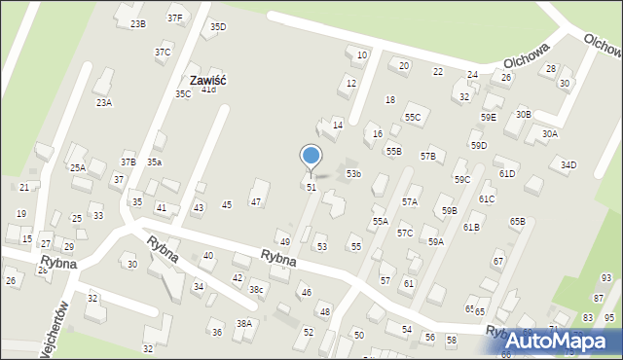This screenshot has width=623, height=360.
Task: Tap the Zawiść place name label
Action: click(207, 80)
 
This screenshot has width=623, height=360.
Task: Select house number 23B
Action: click(138, 24)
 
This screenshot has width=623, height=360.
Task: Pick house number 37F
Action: click(174, 18)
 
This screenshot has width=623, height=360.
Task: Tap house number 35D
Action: click(218, 27)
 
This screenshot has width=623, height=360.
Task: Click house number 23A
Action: click(103, 102)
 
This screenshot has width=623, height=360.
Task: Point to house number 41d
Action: click(208, 90)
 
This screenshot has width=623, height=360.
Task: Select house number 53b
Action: click(353, 174)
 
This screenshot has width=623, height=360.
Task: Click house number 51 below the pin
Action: click(311, 187)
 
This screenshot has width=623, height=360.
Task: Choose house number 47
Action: click(256, 202)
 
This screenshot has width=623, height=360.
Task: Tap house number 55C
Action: click(414, 118)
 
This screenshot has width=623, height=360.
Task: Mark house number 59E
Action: click(488, 118)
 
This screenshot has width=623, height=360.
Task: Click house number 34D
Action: click(568, 165)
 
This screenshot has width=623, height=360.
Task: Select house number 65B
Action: click(517, 222)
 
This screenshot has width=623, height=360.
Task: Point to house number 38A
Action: click(244, 324)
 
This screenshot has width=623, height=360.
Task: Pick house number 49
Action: click(285, 242)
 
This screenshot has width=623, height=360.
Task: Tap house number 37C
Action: click(163, 53)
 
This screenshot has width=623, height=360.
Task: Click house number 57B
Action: click(428, 157)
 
